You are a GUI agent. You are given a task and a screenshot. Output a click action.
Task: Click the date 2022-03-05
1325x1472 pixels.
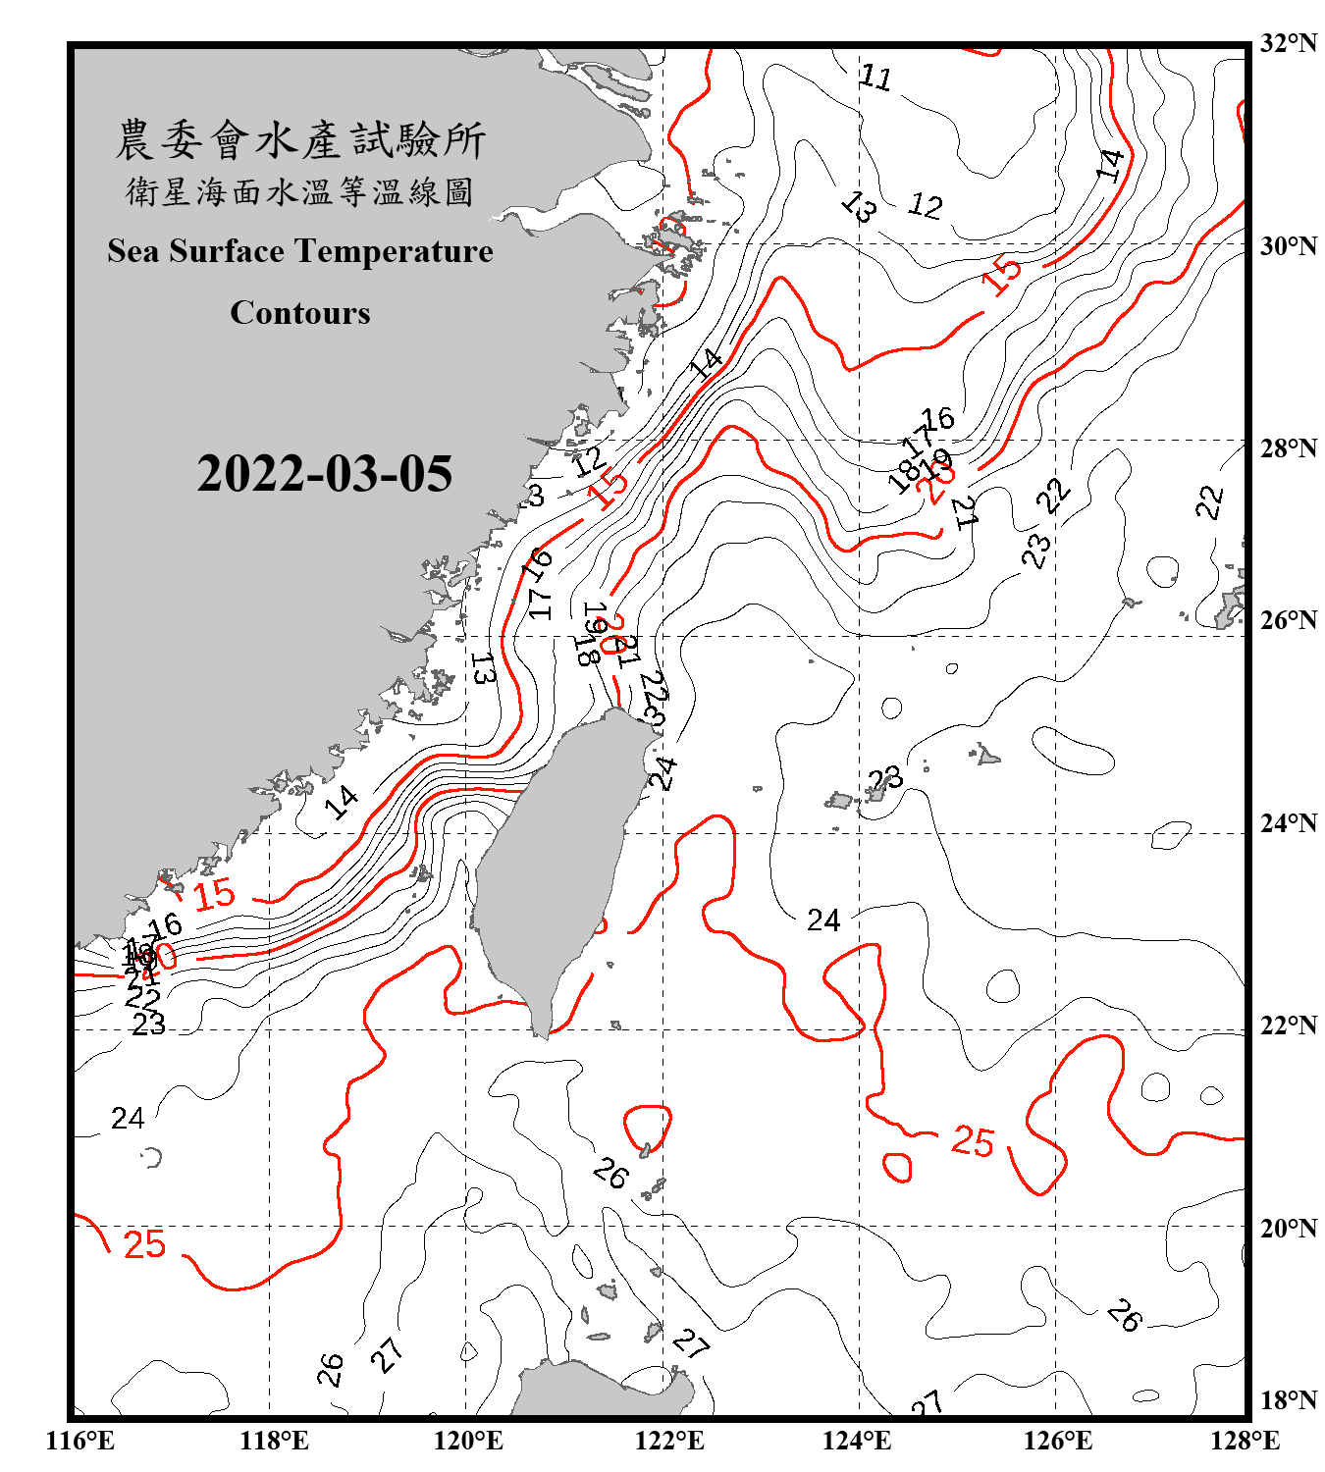click(x=324, y=474)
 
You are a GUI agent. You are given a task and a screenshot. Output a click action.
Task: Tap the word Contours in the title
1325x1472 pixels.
click(x=300, y=313)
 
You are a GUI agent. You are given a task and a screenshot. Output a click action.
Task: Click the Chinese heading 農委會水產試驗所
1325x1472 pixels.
click(x=300, y=140)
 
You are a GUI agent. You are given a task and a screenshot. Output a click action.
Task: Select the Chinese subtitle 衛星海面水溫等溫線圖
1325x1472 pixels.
click(x=300, y=191)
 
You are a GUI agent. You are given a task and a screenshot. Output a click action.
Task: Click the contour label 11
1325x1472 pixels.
click(x=874, y=77)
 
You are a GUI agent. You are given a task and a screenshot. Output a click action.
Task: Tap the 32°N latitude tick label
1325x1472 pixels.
click(x=1288, y=43)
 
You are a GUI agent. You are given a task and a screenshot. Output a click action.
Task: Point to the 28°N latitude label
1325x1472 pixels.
click(x=1288, y=448)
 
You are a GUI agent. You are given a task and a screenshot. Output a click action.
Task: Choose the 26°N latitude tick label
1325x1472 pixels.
click(x=1288, y=620)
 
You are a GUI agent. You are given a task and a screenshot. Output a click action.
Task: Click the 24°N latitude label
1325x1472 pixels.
click(x=1288, y=823)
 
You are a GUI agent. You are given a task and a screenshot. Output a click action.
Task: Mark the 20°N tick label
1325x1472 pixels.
click(x=1288, y=1228)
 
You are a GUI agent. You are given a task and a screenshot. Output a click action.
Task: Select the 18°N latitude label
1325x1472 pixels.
click(x=1288, y=1400)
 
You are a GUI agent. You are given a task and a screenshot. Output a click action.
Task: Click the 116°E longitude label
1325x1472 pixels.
click(x=79, y=1441)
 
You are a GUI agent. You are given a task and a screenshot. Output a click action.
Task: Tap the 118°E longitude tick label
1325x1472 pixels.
click(x=274, y=1441)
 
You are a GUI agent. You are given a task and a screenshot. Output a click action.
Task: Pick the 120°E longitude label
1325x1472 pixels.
click(x=468, y=1441)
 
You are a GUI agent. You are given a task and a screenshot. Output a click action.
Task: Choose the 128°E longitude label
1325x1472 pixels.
click(x=1245, y=1441)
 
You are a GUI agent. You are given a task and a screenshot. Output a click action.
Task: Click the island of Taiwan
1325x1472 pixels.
click(x=555, y=864)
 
